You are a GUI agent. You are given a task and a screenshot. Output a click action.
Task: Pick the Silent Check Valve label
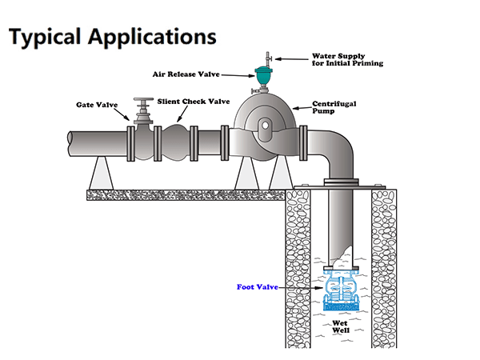(x=194, y=102)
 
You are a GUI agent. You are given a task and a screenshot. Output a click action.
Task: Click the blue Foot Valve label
(x=257, y=286)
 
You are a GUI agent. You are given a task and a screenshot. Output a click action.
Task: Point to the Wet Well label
(x=339, y=327)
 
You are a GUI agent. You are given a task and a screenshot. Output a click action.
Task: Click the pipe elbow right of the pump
(x=328, y=148)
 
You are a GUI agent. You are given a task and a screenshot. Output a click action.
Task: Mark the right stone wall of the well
(x=383, y=264)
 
